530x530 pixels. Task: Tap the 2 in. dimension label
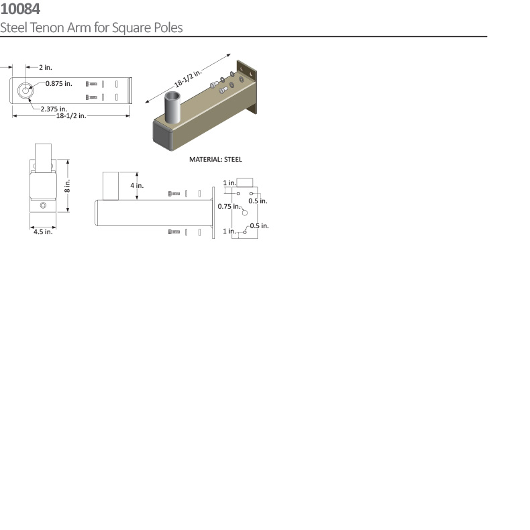pyautogui.click(x=45, y=67)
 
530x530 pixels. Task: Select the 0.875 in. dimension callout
pyautogui.click(x=59, y=83)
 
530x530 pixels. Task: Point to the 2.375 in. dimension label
pyautogui.click(x=54, y=108)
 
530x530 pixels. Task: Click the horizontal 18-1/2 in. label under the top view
pyautogui.click(x=70, y=115)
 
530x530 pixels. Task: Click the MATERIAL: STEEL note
pyautogui.click(x=215, y=160)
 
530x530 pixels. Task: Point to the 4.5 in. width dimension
pyautogui.click(x=43, y=231)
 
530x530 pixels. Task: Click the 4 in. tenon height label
pyautogui.click(x=137, y=185)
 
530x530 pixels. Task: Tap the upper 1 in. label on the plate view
pyautogui.click(x=229, y=182)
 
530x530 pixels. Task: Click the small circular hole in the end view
pyautogui.click(x=43, y=205)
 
